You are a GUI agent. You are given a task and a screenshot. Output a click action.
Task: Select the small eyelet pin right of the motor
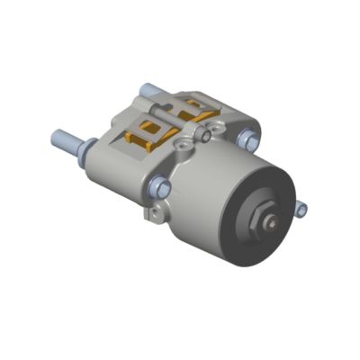[302, 210]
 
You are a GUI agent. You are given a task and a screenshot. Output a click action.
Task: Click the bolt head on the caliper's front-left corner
[160, 187]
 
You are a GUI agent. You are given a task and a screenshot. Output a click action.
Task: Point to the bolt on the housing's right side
[249, 140]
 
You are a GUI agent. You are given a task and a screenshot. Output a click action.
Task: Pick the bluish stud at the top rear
[148, 90]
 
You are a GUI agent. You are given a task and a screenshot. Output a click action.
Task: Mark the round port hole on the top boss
[185, 143]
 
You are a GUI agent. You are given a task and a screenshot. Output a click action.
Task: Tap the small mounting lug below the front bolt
[156, 212]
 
